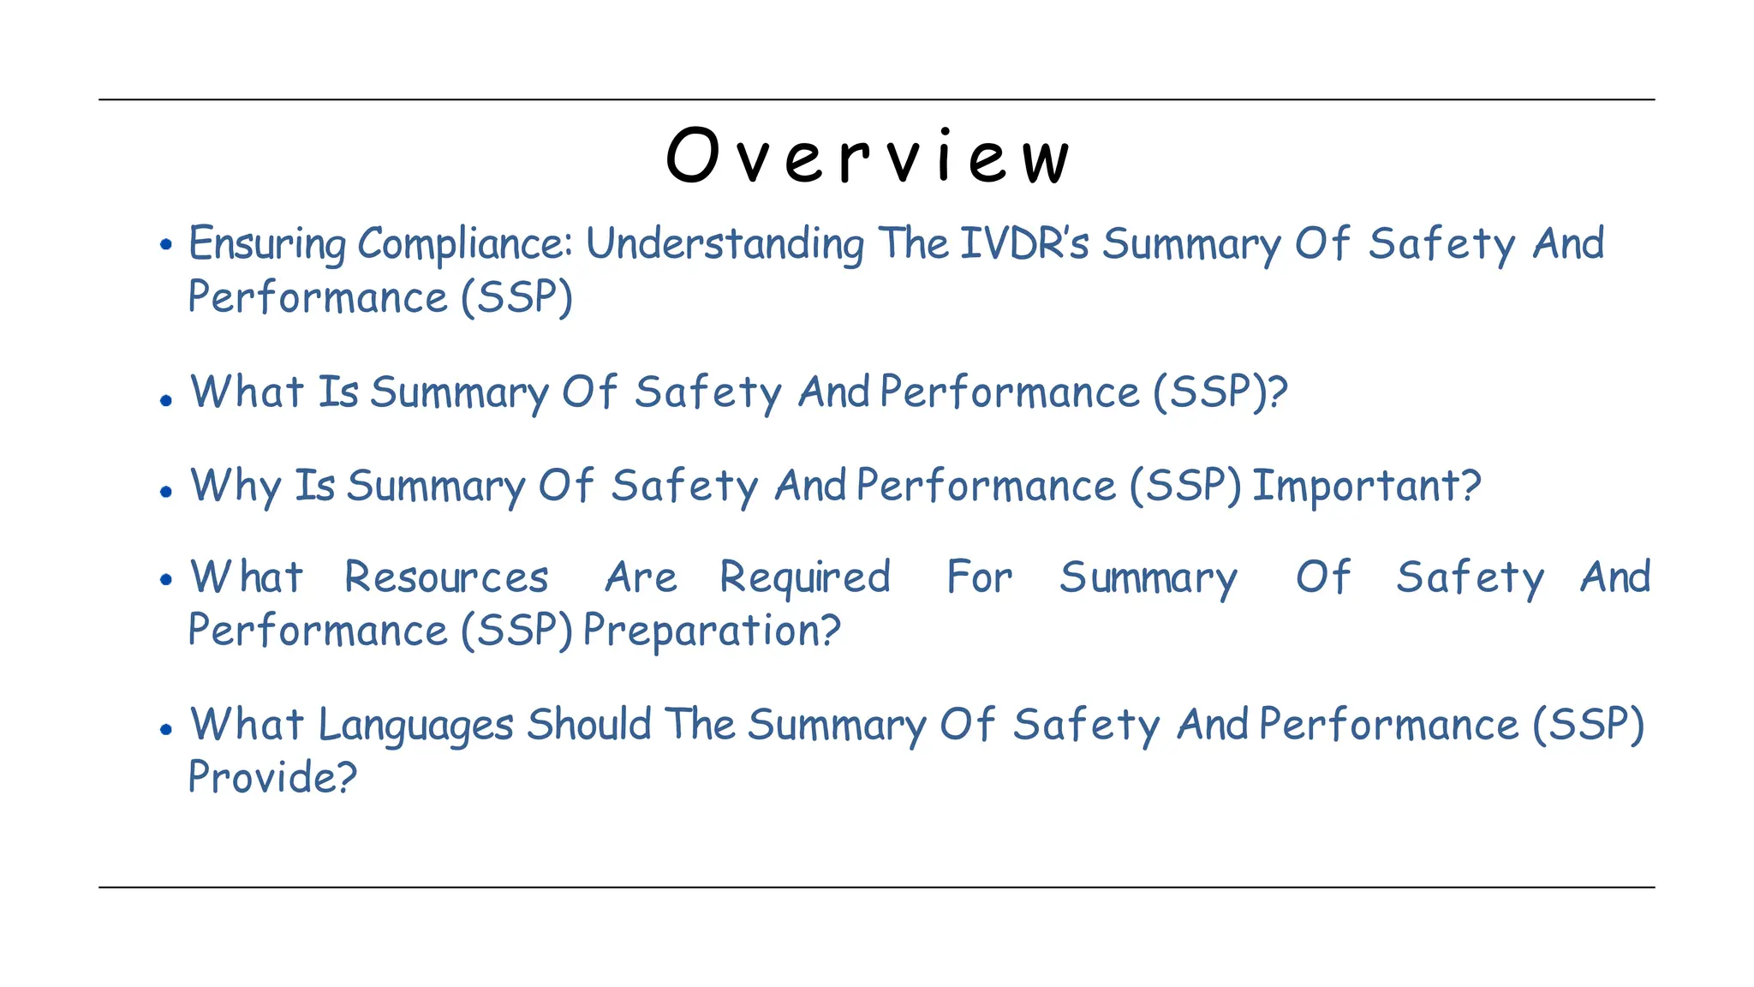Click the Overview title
tap(868, 156)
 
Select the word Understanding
tap(725, 244)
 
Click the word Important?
tap(1366, 486)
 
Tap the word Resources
tap(446, 577)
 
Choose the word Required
tap(805, 578)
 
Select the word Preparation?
tap(712, 631)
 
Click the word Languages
tap(415, 726)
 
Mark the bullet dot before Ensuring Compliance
tap(166, 245)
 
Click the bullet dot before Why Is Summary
tap(166, 491)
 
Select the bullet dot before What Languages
tap(166, 729)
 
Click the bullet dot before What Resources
tap(166, 580)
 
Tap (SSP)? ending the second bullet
tap(1220, 392)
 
